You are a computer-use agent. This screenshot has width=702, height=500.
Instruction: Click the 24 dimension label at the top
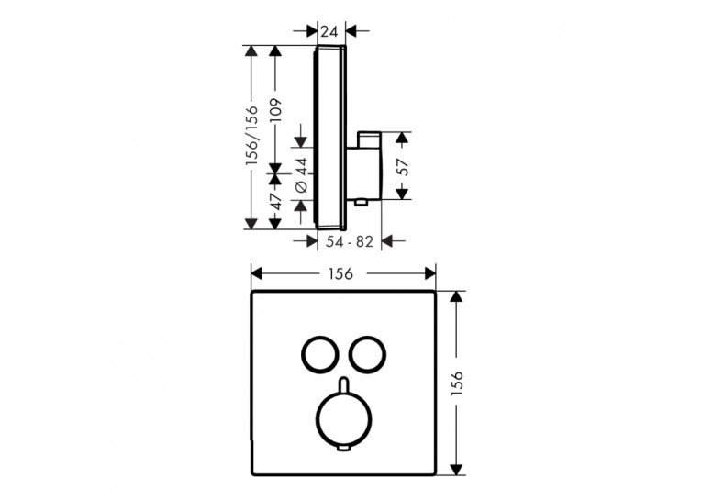pyautogui.click(x=329, y=31)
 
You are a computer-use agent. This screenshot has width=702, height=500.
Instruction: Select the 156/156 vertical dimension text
pyautogui.click(x=252, y=136)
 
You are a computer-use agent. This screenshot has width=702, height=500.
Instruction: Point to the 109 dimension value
pyautogui.click(x=276, y=110)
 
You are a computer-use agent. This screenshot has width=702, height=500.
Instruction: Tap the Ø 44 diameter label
pyautogui.click(x=302, y=175)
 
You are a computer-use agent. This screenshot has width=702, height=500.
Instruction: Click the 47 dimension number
pyautogui.click(x=277, y=201)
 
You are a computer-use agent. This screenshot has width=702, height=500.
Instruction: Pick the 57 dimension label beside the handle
pyautogui.click(x=403, y=167)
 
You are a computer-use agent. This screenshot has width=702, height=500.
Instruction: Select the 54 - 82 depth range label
pyautogui.click(x=350, y=241)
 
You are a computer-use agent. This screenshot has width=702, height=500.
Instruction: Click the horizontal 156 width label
pyautogui.click(x=340, y=273)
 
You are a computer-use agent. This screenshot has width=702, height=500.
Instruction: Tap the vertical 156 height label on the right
pyautogui.click(x=457, y=383)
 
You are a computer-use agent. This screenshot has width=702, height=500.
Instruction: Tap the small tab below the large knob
pyautogui.click(x=344, y=449)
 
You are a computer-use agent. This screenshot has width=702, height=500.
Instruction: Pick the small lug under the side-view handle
pyautogui.click(x=361, y=204)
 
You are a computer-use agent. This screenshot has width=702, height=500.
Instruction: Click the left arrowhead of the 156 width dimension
pyautogui.click(x=256, y=273)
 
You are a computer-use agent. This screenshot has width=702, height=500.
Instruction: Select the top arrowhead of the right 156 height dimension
pyautogui.click(x=456, y=296)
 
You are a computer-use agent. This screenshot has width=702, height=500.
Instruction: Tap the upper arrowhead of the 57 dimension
pyautogui.click(x=403, y=138)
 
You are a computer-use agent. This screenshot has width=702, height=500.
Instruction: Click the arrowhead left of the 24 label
pyautogui.click(x=312, y=31)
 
